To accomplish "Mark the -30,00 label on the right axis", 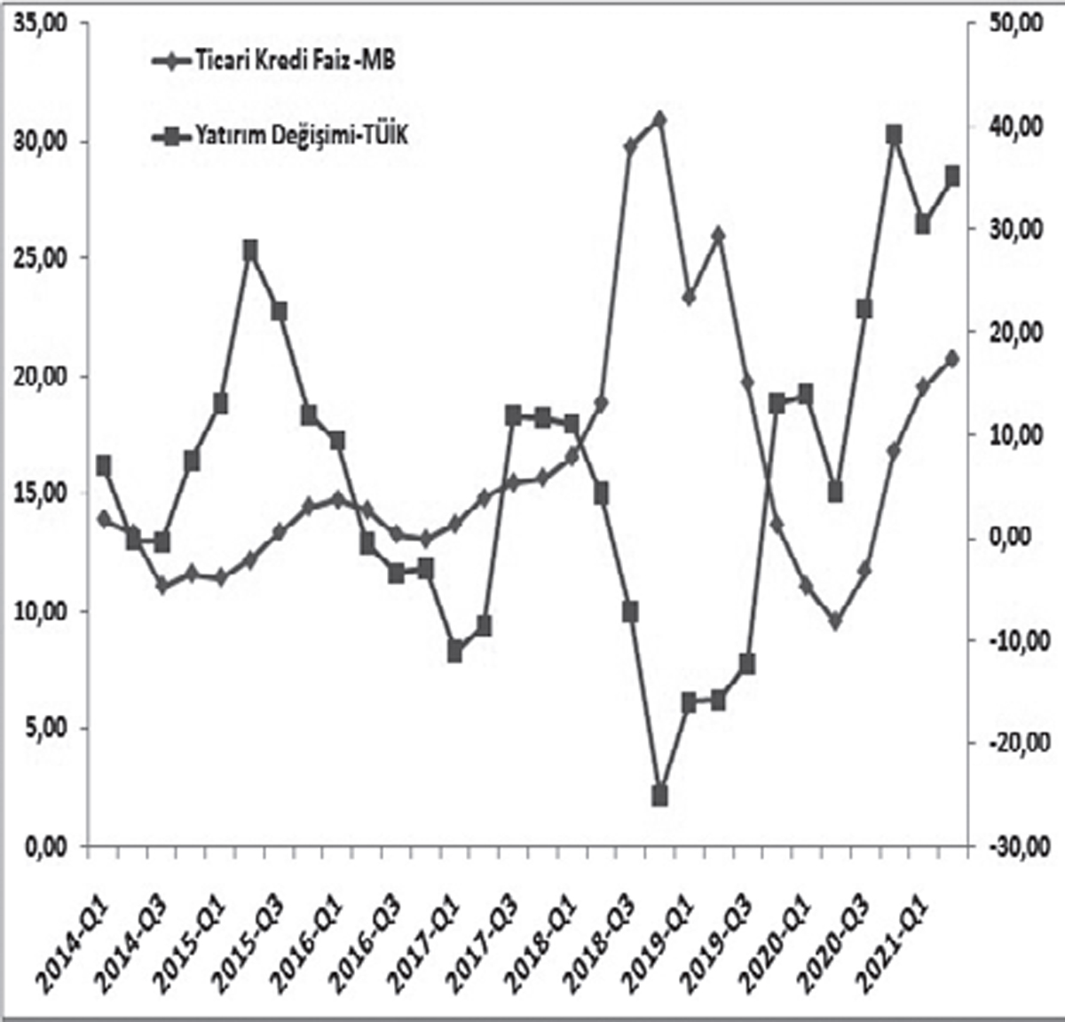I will (x=1012, y=845).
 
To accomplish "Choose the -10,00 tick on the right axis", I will (x=1012, y=640).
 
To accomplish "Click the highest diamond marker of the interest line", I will (x=659, y=119).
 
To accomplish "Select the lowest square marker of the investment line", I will (x=659, y=796).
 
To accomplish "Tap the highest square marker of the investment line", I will (x=894, y=135).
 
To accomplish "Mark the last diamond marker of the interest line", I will (x=952, y=359).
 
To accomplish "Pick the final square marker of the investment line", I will (x=952, y=176).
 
